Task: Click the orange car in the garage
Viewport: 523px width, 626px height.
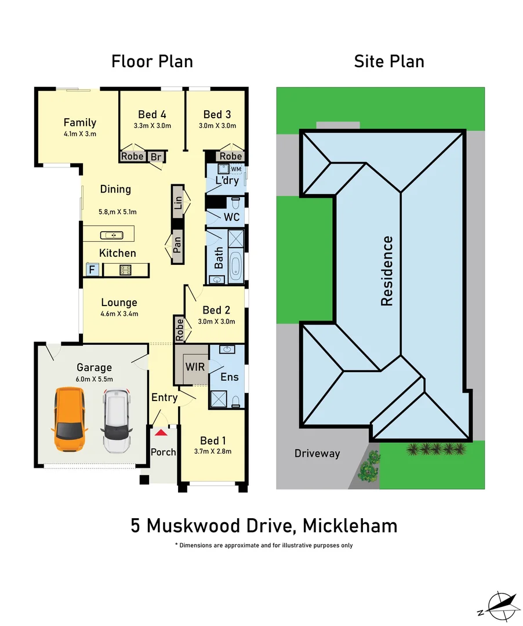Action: click(x=70, y=420)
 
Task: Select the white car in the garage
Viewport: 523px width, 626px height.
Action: click(x=117, y=421)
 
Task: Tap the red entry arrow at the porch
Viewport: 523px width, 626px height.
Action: click(x=161, y=432)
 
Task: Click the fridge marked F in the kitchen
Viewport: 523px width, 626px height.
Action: click(x=91, y=270)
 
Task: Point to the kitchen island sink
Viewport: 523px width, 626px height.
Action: click(x=110, y=235)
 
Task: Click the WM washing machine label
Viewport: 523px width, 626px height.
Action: click(x=236, y=169)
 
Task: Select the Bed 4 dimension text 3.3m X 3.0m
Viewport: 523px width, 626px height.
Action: click(x=152, y=126)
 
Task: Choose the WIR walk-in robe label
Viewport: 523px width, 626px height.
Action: click(x=193, y=367)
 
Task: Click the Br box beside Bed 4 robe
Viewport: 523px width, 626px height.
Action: click(x=155, y=156)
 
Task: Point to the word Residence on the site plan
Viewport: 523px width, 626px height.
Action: click(x=387, y=271)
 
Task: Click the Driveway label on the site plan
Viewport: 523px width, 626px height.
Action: click(x=317, y=453)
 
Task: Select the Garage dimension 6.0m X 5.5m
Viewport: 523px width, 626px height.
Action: click(x=95, y=379)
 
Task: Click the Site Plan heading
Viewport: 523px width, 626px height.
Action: click(x=389, y=61)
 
